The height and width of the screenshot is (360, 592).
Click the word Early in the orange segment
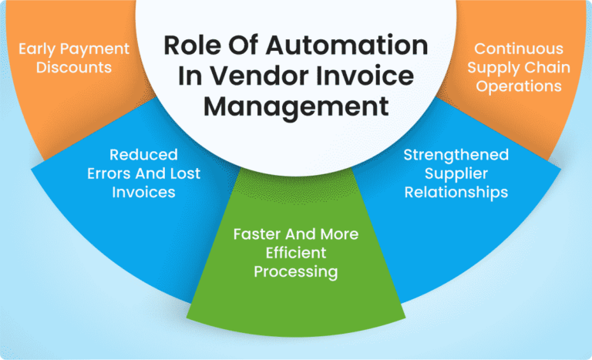coord(36,49)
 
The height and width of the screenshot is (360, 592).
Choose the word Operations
coord(518,86)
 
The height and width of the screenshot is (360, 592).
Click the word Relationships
coord(455,192)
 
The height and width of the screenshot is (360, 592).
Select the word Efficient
coord(295,252)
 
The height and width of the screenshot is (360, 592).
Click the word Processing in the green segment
coord(295,271)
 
